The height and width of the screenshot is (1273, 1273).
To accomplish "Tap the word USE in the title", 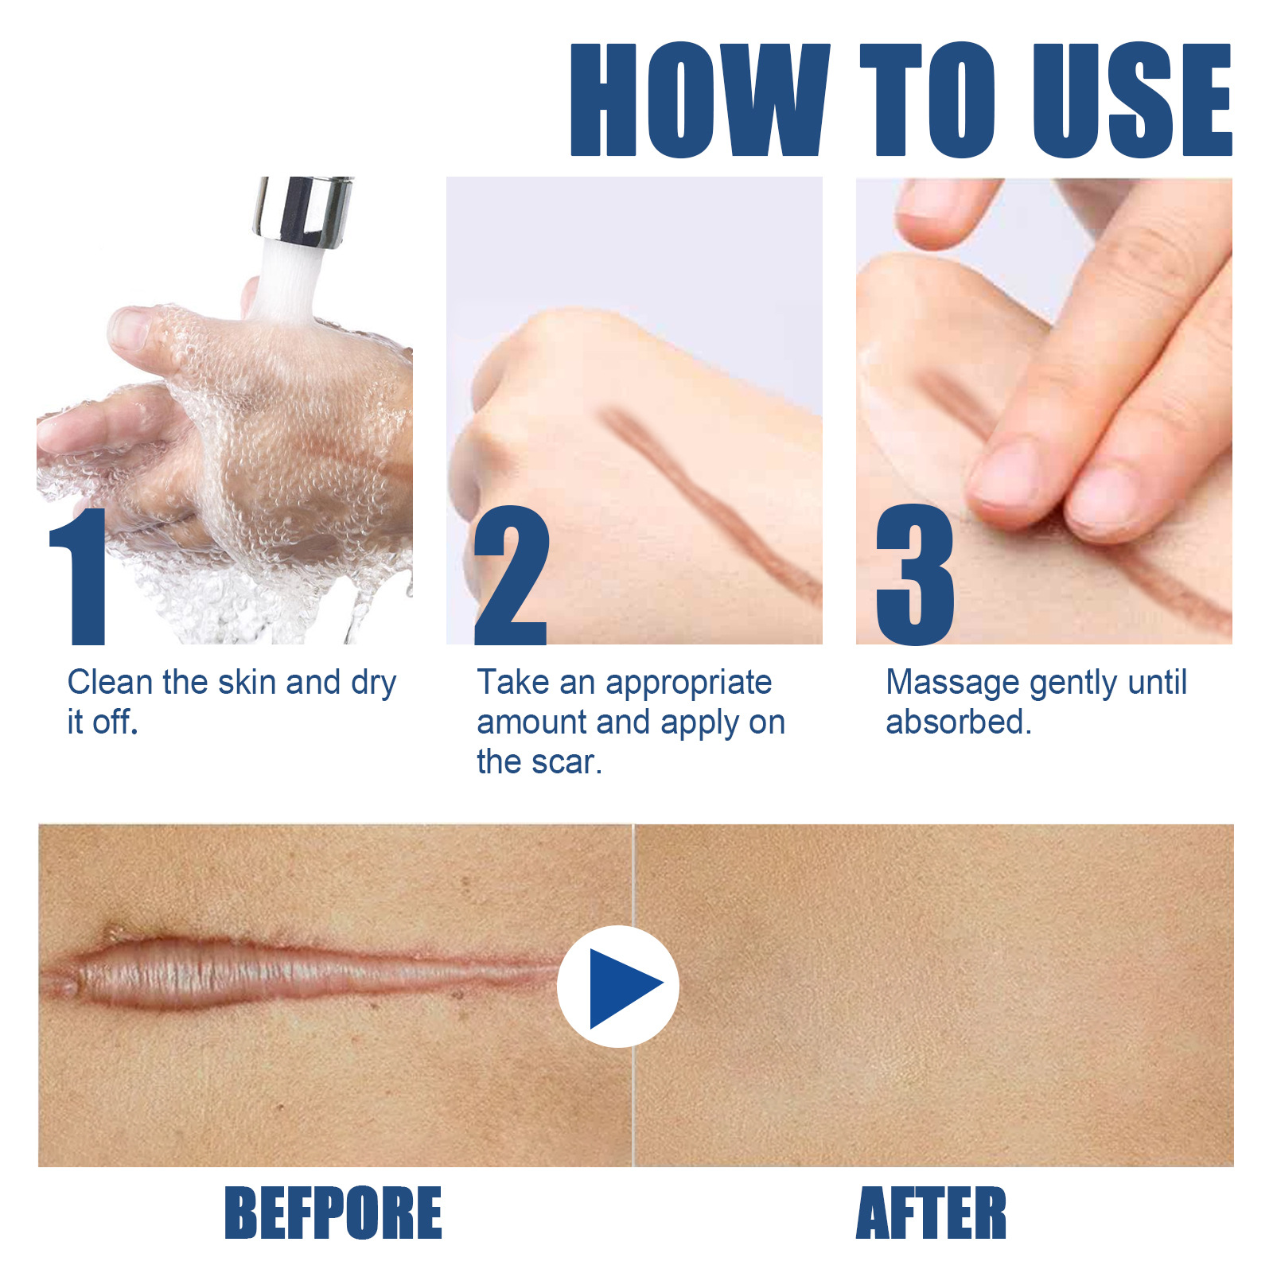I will pyautogui.click(x=1131, y=99).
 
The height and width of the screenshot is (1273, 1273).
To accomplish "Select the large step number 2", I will pyautogui.click(x=511, y=577).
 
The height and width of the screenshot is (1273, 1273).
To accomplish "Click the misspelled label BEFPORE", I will pyautogui.click(x=333, y=1213).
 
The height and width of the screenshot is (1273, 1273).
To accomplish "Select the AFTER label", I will pyautogui.click(x=931, y=1213).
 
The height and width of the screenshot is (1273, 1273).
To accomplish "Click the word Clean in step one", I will pyautogui.click(x=110, y=683).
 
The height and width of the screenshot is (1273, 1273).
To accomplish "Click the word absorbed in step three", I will pyautogui.click(x=958, y=722).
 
